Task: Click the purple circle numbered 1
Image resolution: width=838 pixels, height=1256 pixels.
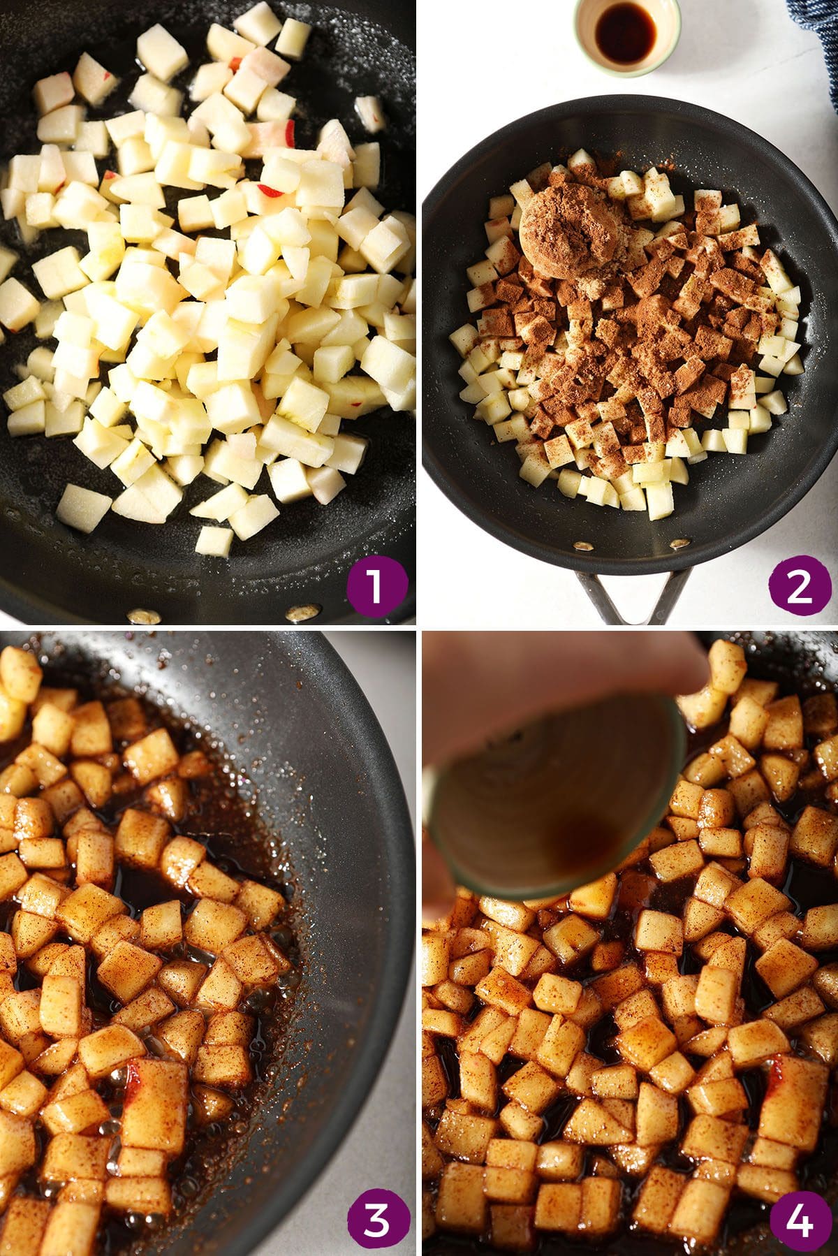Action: pyautogui.click(x=375, y=585)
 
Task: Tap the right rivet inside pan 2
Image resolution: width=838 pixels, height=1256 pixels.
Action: pyautogui.click(x=677, y=543)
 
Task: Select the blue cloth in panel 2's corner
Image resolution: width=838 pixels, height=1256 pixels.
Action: pyautogui.click(x=817, y=42)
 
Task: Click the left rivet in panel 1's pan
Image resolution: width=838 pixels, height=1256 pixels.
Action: pyautogui.click(x=143, y=615)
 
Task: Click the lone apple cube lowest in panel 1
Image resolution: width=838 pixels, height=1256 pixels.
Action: pyautogui.click(x=214, y=540)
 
